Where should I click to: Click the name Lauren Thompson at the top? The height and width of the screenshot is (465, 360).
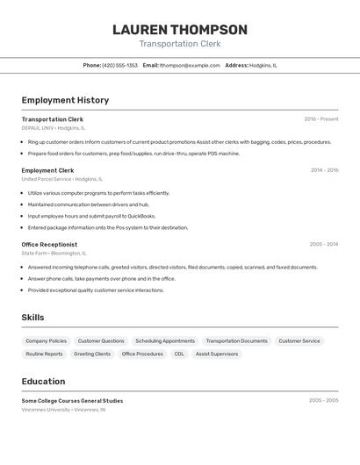[x=180, y=29]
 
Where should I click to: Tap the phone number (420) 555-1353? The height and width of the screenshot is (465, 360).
[x=119, y=65]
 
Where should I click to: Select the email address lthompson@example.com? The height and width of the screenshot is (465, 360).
[x=190, y=65]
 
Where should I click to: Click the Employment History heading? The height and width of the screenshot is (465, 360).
[x=65, y=100]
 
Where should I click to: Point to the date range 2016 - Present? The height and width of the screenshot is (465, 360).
[x=320, y=119]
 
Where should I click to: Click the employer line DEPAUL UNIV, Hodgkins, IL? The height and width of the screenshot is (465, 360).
[x=54, y=128]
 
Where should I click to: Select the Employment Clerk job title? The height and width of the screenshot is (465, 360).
[x=47, y=170]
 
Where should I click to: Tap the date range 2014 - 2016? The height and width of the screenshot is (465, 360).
[x=324, y=170]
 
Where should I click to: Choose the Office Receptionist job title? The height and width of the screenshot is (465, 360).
[x=49, y=245]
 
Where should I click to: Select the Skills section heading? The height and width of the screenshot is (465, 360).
[x=32, y=318]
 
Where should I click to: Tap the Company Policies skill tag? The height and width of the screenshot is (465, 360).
[x=46, y=340]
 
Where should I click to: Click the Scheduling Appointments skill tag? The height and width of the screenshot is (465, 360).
[x=165, y=340]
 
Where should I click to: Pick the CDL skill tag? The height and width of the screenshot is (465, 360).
[x=179, y=354]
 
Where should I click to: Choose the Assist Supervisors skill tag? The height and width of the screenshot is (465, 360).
[x=216, y=354]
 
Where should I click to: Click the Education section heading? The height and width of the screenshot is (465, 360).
[x=43, y=382]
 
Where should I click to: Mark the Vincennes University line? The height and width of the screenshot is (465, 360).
[x=63, y=409]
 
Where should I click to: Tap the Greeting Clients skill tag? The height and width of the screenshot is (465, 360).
[x=92, y=354]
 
